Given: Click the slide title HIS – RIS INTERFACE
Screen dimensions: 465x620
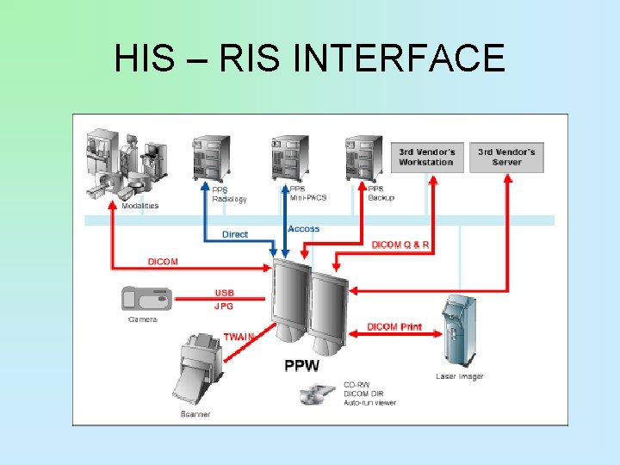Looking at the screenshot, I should pyautogui.click(x=310, y=59).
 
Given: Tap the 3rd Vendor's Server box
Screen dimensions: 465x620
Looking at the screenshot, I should pyautogui.click(x=506, y=157).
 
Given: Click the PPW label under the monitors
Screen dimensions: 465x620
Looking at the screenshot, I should pyautogui.click(x=301, y=365).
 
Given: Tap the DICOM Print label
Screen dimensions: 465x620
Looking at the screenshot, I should pyautogui.click(x=394, y=327).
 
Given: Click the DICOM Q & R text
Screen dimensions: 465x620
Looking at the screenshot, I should pyautogui.click(x=400, y=245).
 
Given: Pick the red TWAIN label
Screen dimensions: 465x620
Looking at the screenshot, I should pyautogui.click(x=239, y=337).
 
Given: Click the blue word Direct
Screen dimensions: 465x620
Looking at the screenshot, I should pyautogui.click(x=235, y=234).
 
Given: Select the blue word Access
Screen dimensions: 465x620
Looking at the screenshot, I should pyautogui.click(x=303, y=229).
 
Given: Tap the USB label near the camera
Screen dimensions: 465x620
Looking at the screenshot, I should pyautogui.click(x=224, y=293).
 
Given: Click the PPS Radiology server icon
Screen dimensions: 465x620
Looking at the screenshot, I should pyautogui.click(x=209, y=160).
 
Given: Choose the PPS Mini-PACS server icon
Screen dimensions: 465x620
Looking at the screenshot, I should pyautogui.click(x=289, y=159).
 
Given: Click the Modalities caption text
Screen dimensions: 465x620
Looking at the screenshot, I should pyautogui.click(x=140, y=206).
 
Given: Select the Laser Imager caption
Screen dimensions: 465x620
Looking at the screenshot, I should pyautogui.click(x=459, y=376).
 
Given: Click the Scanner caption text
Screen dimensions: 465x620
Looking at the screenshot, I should pyautogui.click(x=195, y=414).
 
